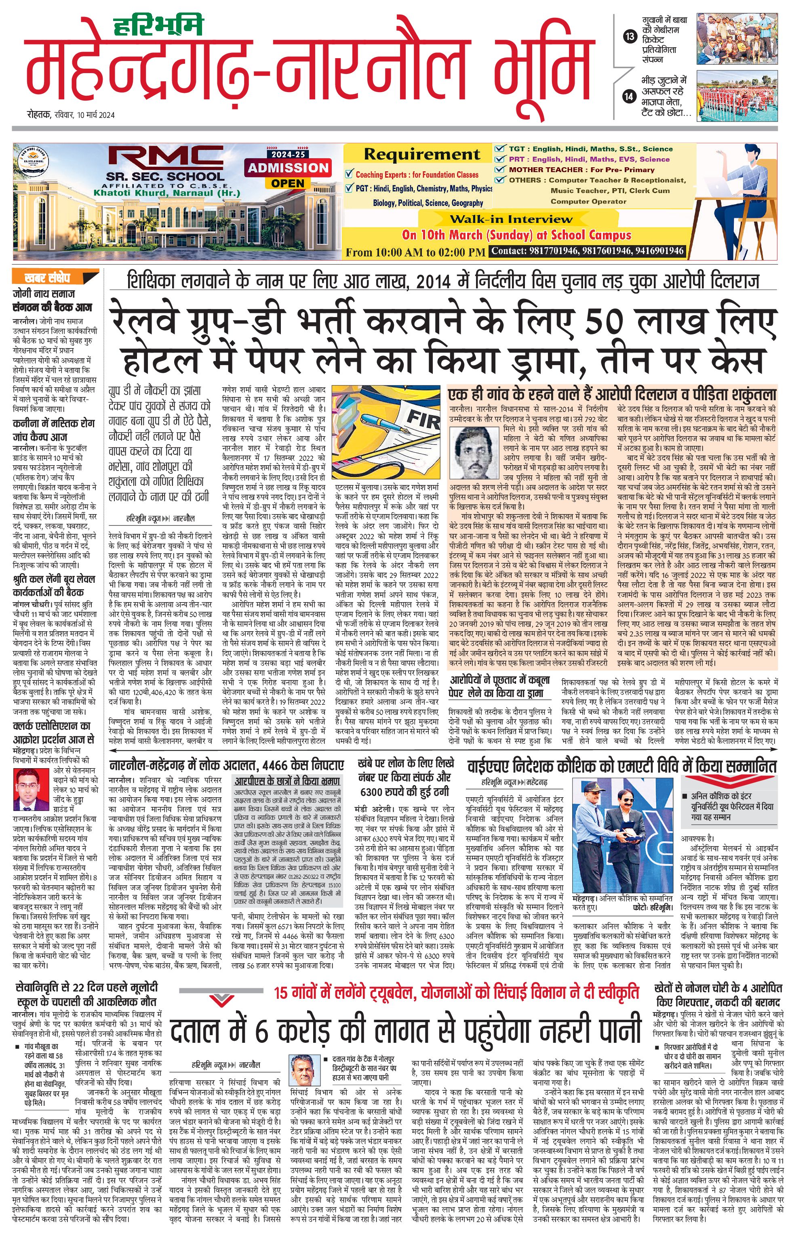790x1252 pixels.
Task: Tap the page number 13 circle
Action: click(630, 36)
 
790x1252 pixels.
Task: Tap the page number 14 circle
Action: click(629, 96)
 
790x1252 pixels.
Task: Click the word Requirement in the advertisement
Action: click(422, 154)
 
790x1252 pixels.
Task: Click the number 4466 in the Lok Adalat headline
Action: click(284, 765)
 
